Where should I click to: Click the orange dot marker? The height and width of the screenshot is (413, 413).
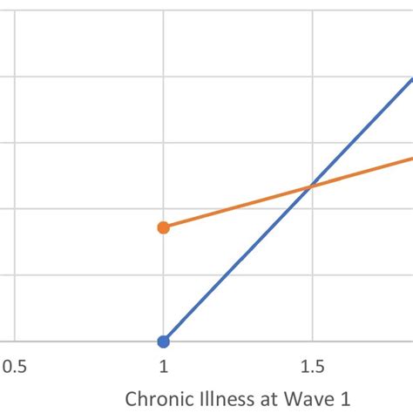pyautogui.click(x=163, y=227)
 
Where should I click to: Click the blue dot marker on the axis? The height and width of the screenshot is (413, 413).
pyautogui.click(x=163, y=341)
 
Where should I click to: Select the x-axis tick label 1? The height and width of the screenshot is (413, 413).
pyautogui.click(x=163, y=368)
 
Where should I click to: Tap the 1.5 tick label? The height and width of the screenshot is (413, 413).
pyautogui.click(x=312, y=368)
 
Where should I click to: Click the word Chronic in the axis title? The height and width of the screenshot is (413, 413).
pyautogui.click(x=159, y=399)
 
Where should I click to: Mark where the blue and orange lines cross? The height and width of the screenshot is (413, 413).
pyautogui.click(x=309, y=186)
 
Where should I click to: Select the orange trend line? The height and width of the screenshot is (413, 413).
pyautogui.click(x=235, y=207)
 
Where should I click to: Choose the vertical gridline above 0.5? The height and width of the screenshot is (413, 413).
pyautogui.click(x=15, y=174)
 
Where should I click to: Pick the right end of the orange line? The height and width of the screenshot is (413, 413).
pyautogui.click(x=410, y=158)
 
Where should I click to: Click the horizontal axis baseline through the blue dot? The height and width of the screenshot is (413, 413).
pyautogui.click(x=87, y=342)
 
